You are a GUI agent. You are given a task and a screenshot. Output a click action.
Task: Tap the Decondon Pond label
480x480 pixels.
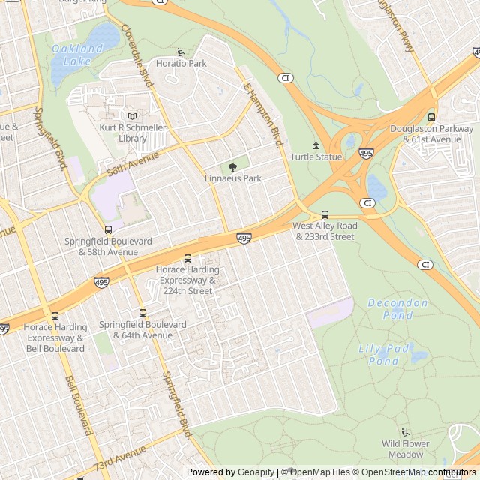(398, 309)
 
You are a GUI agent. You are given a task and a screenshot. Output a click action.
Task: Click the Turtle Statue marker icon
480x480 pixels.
(316, 146)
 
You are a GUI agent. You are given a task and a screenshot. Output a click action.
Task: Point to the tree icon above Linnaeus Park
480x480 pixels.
(232, 167)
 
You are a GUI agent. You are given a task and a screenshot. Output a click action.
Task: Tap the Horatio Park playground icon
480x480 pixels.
(181, 52)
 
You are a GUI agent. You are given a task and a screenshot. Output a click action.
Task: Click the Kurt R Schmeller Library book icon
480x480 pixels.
(133, 116)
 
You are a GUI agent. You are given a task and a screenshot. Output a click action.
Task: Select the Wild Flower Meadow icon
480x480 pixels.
(406, 432)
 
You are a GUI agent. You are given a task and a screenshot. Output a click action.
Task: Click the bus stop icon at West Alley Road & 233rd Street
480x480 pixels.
(324, 214)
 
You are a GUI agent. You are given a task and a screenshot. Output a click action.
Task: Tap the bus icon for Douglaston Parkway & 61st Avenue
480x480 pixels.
(431, 117)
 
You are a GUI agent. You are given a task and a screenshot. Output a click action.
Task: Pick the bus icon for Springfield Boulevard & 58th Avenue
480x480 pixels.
(108, 230)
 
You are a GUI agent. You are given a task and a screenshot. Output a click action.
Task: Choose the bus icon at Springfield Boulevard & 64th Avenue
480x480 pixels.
(142, 313)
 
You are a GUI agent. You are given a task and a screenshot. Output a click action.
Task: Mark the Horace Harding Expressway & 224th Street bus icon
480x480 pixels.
(187, 259)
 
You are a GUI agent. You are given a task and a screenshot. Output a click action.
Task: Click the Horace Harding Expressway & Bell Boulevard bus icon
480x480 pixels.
(55, 316)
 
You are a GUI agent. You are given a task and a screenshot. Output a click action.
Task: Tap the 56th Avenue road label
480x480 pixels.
(133, 161)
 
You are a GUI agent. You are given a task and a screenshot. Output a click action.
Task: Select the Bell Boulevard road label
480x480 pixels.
(78, 406)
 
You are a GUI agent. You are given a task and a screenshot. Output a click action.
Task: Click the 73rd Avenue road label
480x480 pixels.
(121, 458)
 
